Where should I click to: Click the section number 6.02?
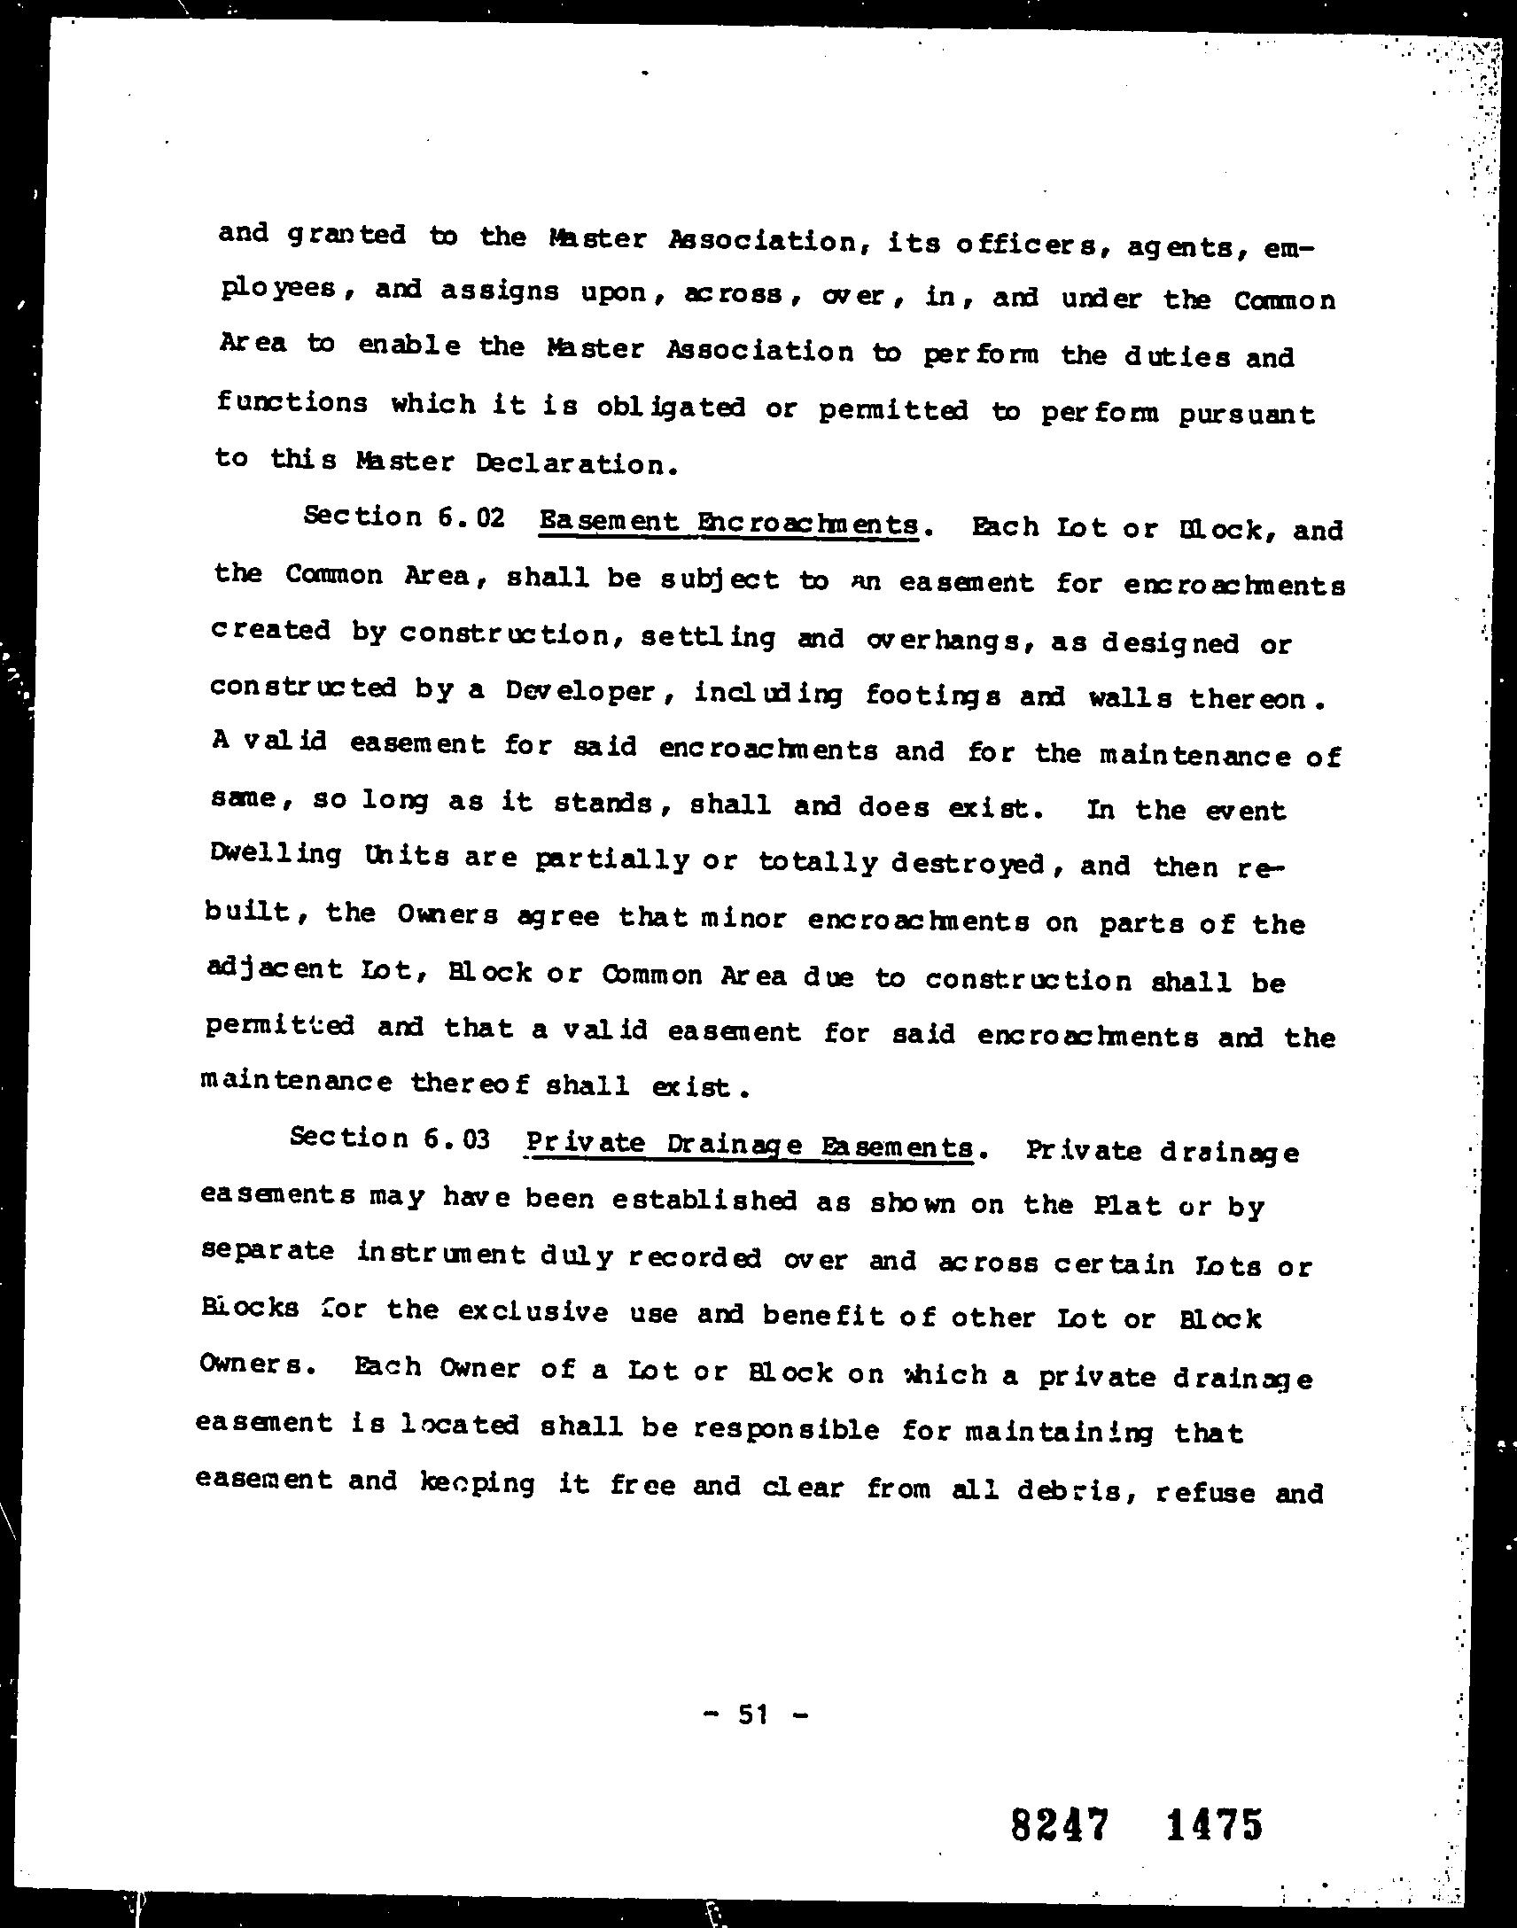471,517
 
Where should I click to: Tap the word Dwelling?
276,853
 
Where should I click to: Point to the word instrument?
441,1253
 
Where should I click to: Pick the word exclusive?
533,1312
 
